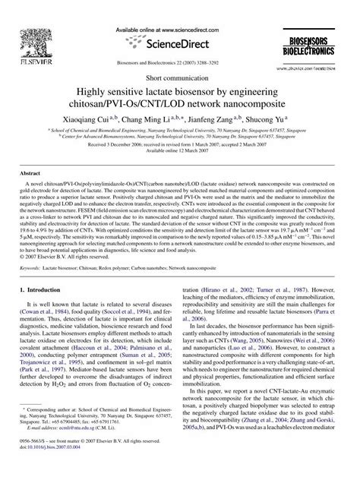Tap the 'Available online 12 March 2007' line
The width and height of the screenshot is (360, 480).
(180, 150)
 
